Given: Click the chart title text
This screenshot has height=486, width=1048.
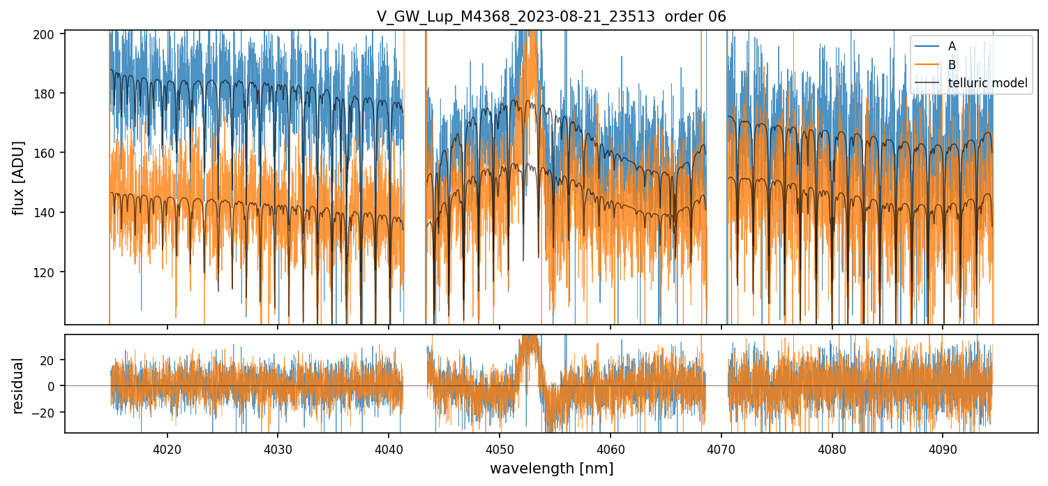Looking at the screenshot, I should click(x=551, y=17).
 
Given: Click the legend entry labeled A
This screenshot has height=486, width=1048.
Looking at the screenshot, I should click(x=952, y=46).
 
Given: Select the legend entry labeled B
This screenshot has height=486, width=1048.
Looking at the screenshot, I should click(x=952, y=65).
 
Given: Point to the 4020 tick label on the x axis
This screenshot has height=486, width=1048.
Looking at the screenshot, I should click(x=167, y=450).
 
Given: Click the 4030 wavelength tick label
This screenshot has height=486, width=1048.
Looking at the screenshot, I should click(x=278, y=450).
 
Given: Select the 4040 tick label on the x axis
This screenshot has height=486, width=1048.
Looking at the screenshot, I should click(x=389, y=450).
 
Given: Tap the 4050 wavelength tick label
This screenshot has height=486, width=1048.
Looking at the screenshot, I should click(x=500, y=450).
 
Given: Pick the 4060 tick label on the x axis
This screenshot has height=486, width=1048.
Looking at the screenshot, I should click(x=611, y=450).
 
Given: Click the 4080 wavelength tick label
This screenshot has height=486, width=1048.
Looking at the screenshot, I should click(x=832, y=450).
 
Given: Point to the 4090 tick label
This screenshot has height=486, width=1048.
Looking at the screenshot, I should click(x=943, y=450).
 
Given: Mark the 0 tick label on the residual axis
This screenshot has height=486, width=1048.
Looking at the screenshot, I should click(x=57, y=386).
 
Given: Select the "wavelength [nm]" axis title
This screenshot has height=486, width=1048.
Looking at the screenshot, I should click(x=551, y=469).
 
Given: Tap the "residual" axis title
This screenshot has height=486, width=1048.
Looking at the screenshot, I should click(x=18, y=385).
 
